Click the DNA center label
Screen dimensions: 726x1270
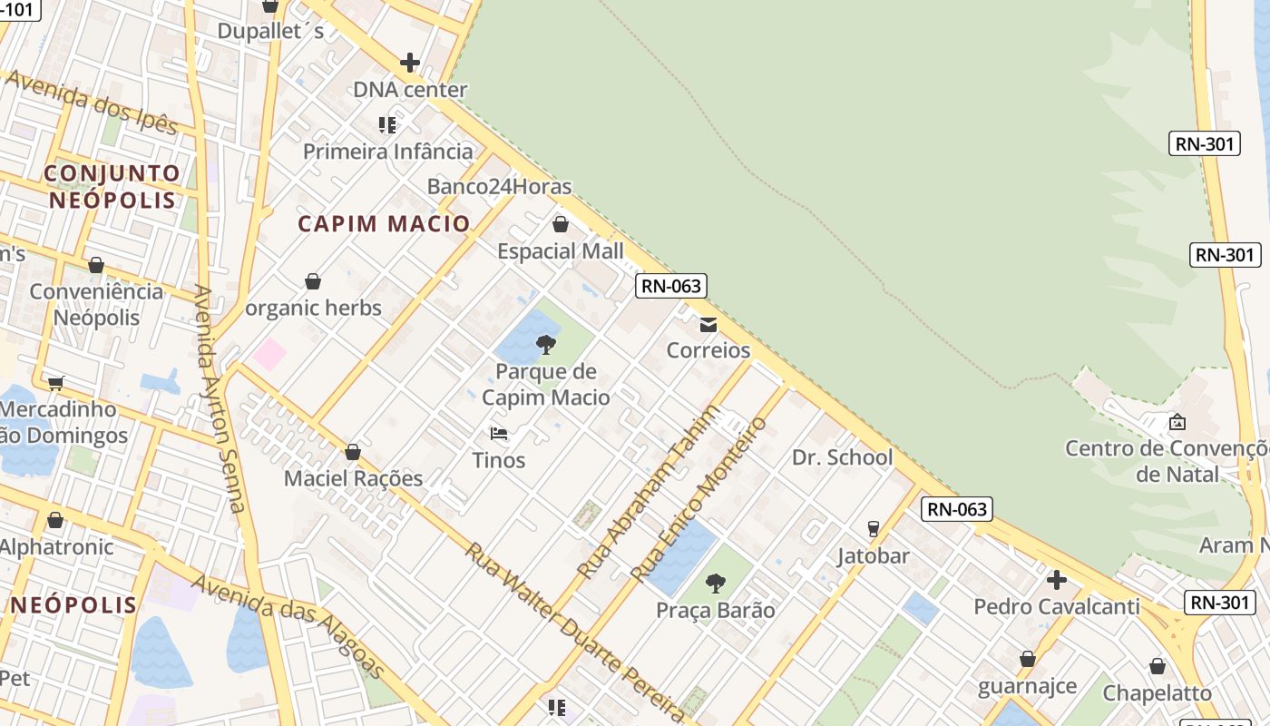pyautogui.click(x=410, y=90)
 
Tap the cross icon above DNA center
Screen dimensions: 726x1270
pyautogui.click(x=410, y=63)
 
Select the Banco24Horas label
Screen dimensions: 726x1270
pyautogui.click(x=500, y=187)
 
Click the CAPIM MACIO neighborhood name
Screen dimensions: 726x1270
pyautogui.click(x=385, y=223)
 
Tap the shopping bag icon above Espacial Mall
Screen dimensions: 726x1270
pyautogui.click(x=561, y=224)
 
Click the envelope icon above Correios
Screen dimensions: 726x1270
pyautogui.click(x=708, y=324)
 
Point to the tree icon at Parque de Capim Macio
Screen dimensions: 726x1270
pyautogui.click(x=546, y=344)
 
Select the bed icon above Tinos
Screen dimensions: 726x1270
pyautogui.click(x=498, y=433)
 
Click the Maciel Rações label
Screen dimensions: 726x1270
pyautogui.click(x=354, y=478)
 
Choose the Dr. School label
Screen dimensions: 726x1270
pyautogui.click(x=843, y=457)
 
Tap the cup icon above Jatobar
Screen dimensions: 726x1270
pyautogui.click(x=874, y=528)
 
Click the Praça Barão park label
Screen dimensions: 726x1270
pyautogui.click(x=716, y=610)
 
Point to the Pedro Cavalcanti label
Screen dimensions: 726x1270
pyautogui.click(x=1057, y=606)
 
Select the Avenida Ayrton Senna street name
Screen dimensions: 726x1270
pyautogui.click(x=220, y=399)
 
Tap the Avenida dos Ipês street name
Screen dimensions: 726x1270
pyautogui.click(x=91, y=102)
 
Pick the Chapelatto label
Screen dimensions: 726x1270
pyautogui.click(x=1158, y=693)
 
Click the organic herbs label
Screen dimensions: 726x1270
pyautogui.click(x=314, y=309)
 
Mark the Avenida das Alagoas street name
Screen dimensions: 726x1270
pyautogui.click(x=288, y=624)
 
